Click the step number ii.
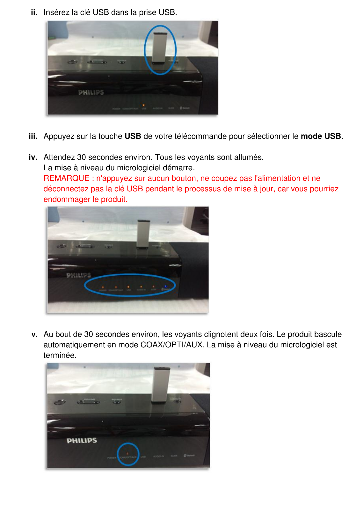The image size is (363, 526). (34, 12)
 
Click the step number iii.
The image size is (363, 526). (33, 136)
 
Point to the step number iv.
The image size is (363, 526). (33, 157)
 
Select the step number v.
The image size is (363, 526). (34, 334)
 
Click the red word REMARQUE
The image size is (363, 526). (66, 178)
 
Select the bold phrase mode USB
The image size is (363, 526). (321, 136)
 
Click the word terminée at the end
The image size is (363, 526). (60, 355)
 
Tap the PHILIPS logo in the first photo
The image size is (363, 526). (91, 92)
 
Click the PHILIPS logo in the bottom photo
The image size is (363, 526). (82, 441)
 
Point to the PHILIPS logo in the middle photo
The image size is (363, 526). (79, 275)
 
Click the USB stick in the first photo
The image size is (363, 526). (158, 47)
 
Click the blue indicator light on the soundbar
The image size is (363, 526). (165, 287)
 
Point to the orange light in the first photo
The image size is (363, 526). (143, 105)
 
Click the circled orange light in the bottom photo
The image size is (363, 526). (128, 453)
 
